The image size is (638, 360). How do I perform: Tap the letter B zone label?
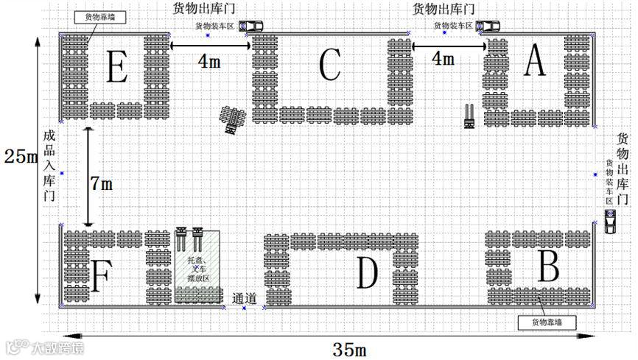click(x=548, y=265)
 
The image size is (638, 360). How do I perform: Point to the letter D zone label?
click(x=367, y=272)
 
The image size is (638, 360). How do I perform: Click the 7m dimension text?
click(x=102, y=184)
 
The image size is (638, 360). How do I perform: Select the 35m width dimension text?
click(x=350, y=348)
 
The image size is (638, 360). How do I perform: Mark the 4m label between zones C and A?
click(x=443, y=58)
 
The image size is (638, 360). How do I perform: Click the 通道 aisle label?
click(x=244, y=299)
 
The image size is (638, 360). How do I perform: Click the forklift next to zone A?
click(x=469, y=116)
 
